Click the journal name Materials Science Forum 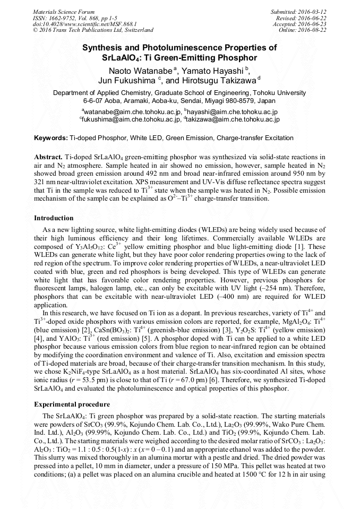[64, 12]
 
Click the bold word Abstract [48, 158]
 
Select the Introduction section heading [54, 218]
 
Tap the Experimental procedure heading [72, 404]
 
